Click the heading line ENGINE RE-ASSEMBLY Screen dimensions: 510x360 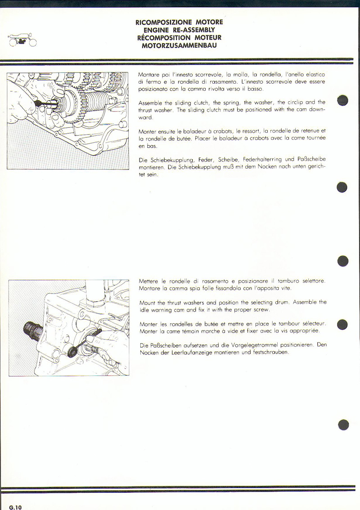click(x=179, y=30)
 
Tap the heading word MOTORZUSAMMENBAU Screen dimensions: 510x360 click(x=179, y=46)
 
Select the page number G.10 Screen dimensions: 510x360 click(x=15, y=507)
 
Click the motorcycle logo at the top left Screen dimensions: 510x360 click(x=22, y=41)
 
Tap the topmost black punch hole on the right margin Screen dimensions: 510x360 click(x=342, y=101)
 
